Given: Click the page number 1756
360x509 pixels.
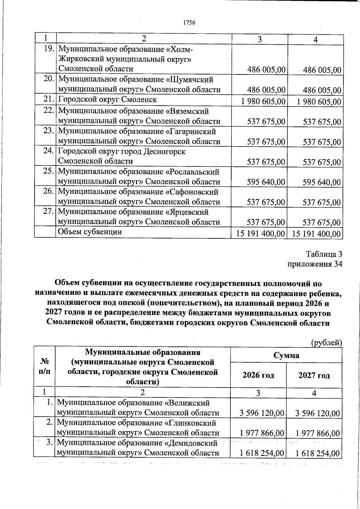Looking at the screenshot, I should point(189,23).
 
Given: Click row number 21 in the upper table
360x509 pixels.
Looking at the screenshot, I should point(48,100).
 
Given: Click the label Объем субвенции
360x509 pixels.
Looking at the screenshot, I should point(90,232).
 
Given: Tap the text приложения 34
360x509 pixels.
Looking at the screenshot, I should point(315,264).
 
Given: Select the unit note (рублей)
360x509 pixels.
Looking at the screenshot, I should point(326,342).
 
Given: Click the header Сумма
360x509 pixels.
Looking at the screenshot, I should point(286,356).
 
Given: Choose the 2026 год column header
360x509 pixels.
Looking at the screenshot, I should point(258,375).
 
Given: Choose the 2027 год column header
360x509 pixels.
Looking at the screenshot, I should point(314,375).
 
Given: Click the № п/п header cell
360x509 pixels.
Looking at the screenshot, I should point(44,366).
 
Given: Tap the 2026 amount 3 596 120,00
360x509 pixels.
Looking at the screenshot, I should point(262,413).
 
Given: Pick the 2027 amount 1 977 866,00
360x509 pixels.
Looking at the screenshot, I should point(318,433).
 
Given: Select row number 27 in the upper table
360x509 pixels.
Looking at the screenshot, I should point(48,211).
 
